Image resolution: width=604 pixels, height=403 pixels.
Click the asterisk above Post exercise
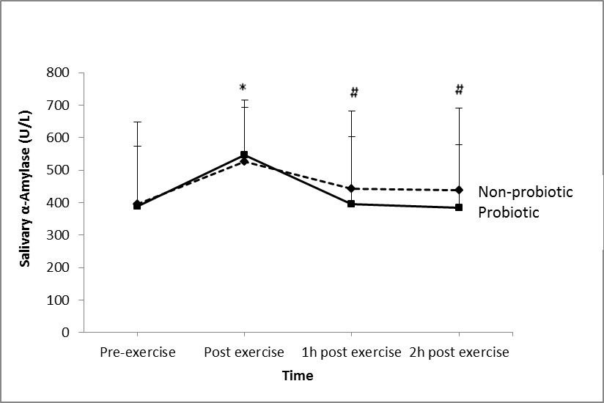243,88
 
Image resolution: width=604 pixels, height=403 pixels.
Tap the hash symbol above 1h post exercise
353,92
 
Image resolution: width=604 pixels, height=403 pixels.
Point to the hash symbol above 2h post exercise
460,89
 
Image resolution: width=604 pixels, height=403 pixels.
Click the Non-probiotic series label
525,192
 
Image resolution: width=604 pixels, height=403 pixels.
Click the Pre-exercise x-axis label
138,352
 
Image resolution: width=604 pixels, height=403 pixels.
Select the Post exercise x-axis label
244,352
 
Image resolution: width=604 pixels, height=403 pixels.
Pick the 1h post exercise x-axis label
352,352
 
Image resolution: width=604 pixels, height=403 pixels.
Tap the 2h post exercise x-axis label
460,352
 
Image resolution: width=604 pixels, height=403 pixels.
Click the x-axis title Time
298,376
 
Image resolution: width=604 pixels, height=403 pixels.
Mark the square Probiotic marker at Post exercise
244,155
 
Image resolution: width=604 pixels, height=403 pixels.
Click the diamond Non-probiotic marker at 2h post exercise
459,190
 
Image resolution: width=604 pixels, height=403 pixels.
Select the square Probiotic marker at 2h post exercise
459,207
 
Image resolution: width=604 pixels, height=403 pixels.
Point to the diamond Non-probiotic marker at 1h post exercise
351,188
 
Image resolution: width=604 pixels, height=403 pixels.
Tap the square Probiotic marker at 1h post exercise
351,204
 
